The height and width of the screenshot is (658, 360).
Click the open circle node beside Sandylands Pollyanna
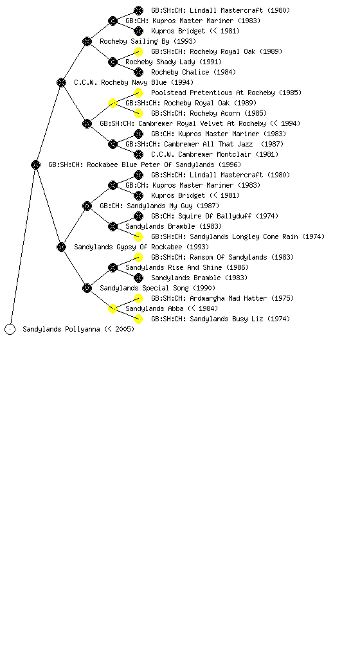pos(10,329)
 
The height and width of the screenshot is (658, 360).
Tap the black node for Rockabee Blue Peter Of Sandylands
pos(35,164)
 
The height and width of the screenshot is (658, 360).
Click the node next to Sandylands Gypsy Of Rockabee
pos(61,247)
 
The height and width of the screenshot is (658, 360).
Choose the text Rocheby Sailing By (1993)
pos(148,41)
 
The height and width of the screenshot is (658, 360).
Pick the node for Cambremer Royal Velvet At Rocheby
pos(87,123)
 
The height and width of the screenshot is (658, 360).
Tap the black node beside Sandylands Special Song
pos(87,288)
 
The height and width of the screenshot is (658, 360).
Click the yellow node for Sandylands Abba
pos(113,308)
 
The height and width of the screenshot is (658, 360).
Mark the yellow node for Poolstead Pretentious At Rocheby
pos(138,93)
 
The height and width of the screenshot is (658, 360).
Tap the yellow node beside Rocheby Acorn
pos(138,113)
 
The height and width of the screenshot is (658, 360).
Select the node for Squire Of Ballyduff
pos(138,216)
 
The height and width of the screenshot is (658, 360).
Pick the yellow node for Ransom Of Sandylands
pos(138,257)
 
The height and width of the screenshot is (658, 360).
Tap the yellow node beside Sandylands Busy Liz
pos(138,319)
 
